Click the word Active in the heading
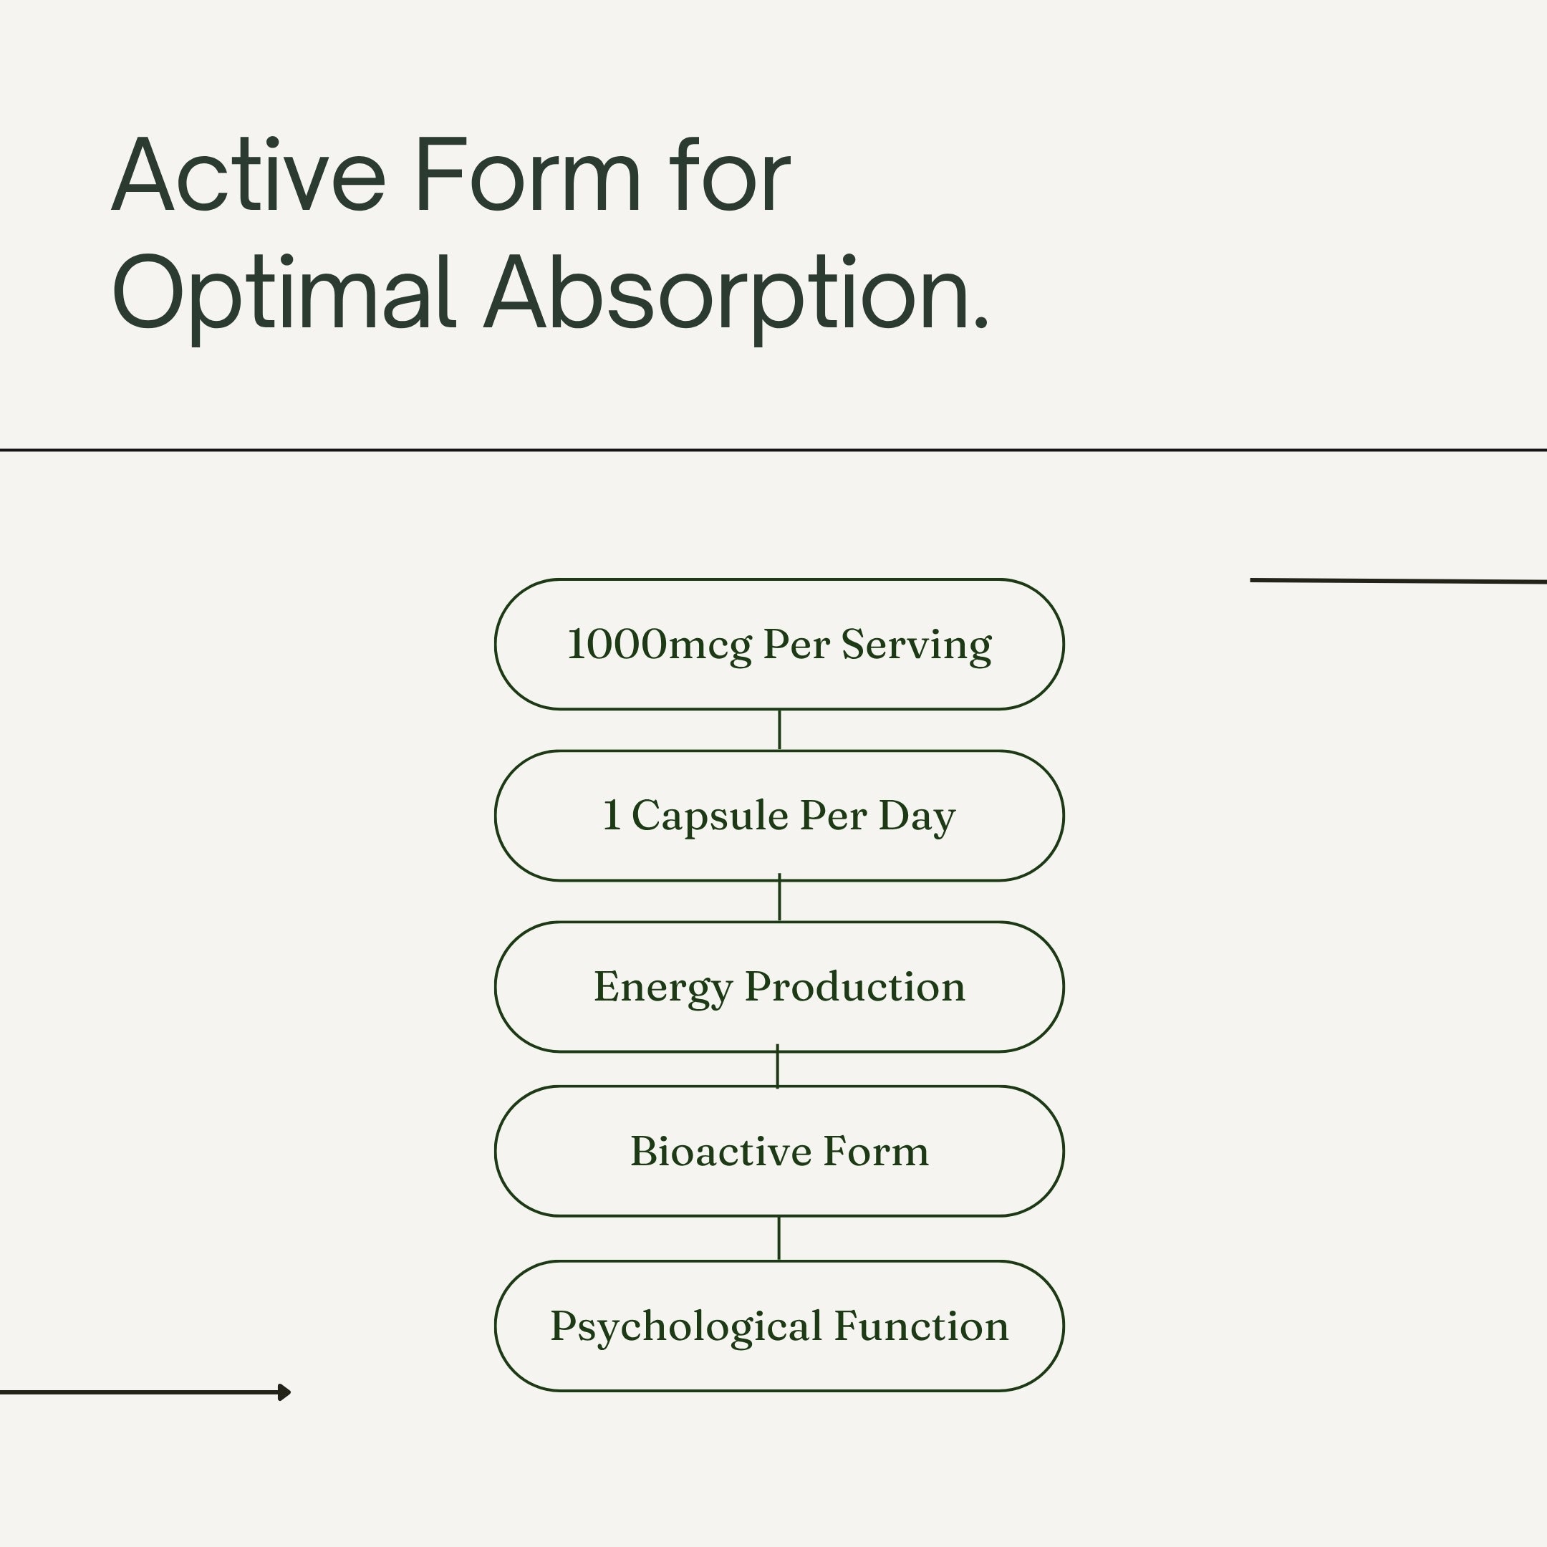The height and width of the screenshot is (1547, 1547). pyautogui.click(x=249, y=175)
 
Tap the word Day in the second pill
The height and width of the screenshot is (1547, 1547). pyautogui.click(x=917, y=816)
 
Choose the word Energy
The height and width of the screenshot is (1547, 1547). pyautogui.click(x=663, y=988)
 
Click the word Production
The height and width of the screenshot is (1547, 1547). pyautogui.click(x=855, y=986)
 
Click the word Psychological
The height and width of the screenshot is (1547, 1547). pyautogui.click(x=686, y=1328)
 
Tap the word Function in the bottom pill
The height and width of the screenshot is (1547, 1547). pyautogui.click(x=922, y=1326)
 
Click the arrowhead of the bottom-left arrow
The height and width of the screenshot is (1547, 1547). pyautogui.click(x=284, y=1392)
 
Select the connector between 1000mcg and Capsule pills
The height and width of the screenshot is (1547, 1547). pyautogui.click(x=779, y=730)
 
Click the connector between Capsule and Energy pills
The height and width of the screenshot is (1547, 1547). pyautogui.click(x=779, y=898)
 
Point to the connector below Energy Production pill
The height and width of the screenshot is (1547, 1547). pyautogui.click(x=778, y=1066)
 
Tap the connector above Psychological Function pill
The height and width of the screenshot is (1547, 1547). pyautogui.click(x=779, y=1238)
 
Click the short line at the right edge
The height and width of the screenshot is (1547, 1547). pyautogui.click(x=1398, y=581)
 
